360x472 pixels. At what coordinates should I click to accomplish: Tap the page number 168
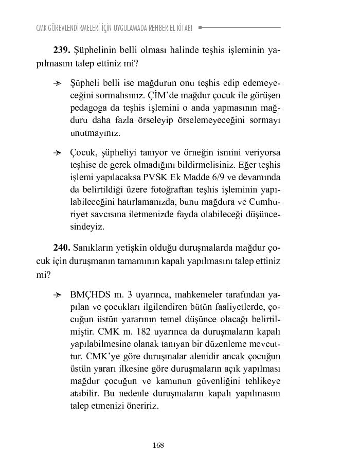tap(158, 445)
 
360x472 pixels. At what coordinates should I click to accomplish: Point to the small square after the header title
tap(200, 28)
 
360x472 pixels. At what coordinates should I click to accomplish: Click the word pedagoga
tap(88, 108)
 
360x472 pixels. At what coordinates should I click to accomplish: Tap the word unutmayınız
tap(95, 133)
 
